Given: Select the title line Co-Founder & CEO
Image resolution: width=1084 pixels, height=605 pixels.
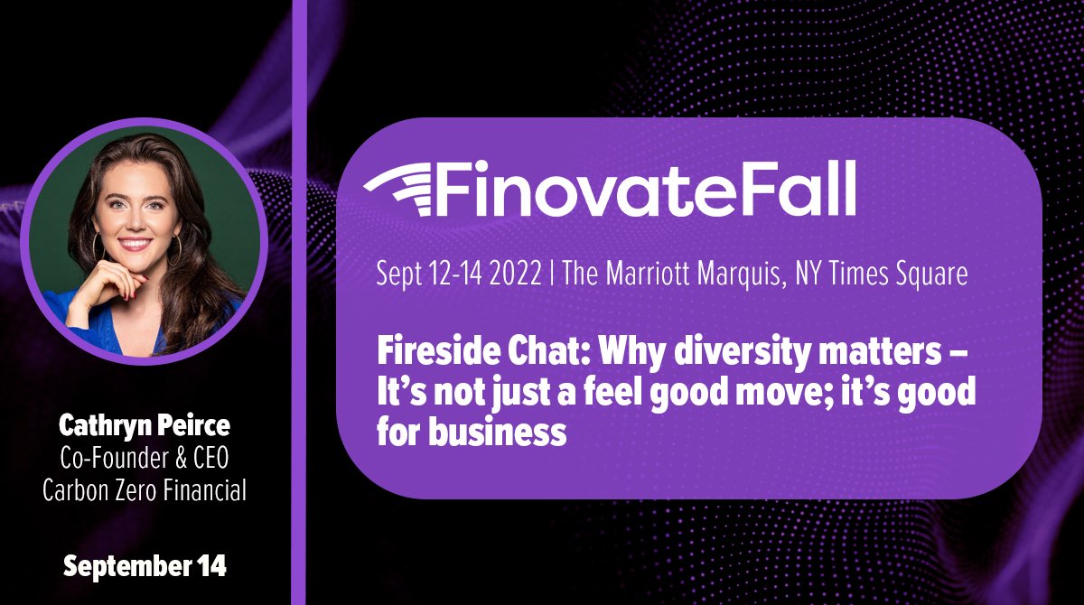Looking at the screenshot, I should coord(145,457).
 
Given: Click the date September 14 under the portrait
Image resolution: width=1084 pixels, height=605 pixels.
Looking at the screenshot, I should coord(145,567).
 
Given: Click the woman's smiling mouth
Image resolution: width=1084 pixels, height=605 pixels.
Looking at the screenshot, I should coord(135,245).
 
